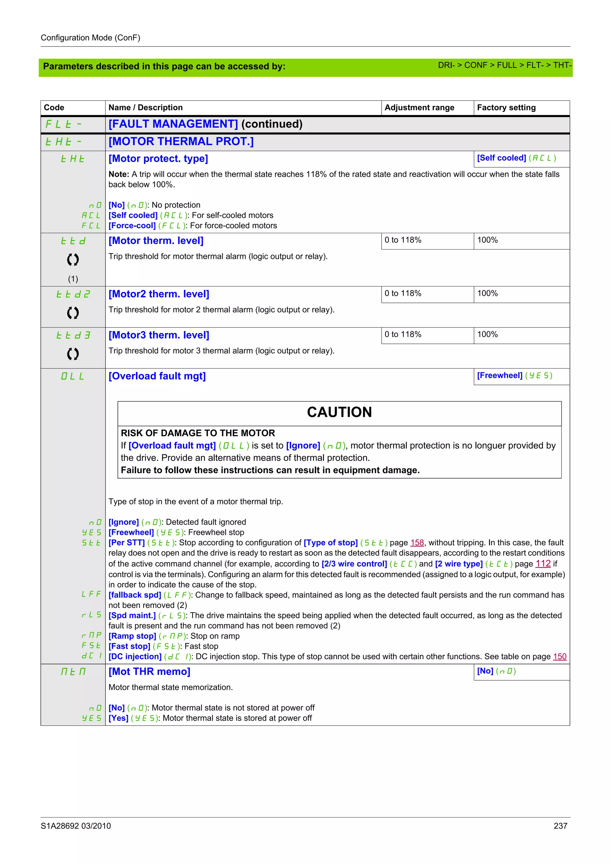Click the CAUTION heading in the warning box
point(339,412)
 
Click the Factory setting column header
point(506,108)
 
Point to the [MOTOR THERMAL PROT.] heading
point(181,142)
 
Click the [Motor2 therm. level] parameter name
point(158,294)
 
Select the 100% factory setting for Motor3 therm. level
point(487,334)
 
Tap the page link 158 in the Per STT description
point(417,543)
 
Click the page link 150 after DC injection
point(559,657)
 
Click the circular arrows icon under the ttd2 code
point(73,313)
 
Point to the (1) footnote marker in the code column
point(73,279)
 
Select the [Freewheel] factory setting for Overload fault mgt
point(499,376)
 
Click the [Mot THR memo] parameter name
point(149,672)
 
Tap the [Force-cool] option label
point(132,225)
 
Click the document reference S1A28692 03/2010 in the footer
point(76,826)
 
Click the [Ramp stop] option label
point(132,636)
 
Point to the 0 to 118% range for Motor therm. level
point(402,240)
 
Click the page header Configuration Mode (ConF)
point(90,38)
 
